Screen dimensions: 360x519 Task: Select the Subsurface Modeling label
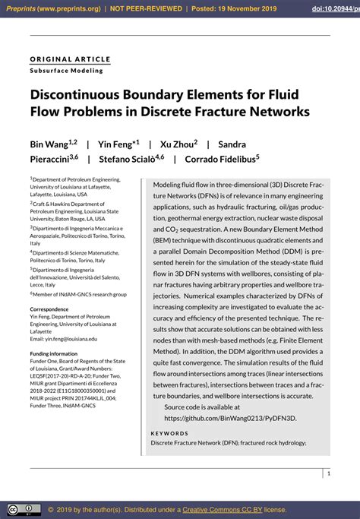[x=66, y=71]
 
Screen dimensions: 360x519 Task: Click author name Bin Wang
[x=49, y=144]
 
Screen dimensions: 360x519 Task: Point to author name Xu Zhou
[x=178, y=144]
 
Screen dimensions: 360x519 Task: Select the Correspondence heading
[x=55, y=309]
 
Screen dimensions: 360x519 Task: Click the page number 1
[x=328, y=473]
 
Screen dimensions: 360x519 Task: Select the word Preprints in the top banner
[x=24, y=9]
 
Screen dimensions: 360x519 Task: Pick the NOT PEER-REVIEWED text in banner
[x=147, y=9]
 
